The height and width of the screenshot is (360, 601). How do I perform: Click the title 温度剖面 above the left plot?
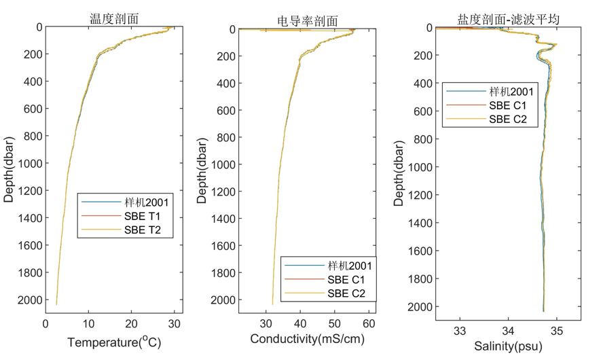114,18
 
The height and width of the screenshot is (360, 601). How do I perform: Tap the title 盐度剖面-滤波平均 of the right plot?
508,19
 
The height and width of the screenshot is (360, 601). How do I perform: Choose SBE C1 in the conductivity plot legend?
346,279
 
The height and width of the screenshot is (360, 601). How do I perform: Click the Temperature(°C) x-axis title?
114,343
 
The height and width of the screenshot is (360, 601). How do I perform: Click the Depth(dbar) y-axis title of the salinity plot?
400,170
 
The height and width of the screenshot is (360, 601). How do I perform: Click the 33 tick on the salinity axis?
460,331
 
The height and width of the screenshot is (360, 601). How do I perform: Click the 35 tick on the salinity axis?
557,331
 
